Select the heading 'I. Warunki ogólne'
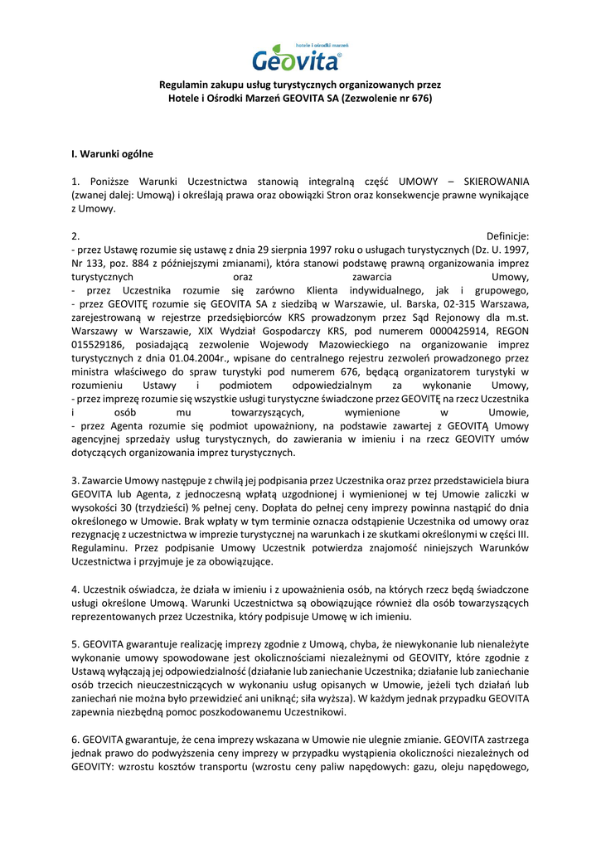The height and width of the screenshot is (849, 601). [112, 153]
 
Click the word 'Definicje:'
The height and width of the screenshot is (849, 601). [507, 236]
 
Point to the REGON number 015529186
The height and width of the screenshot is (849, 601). [99, 342]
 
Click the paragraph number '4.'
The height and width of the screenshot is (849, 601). [76, 589]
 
